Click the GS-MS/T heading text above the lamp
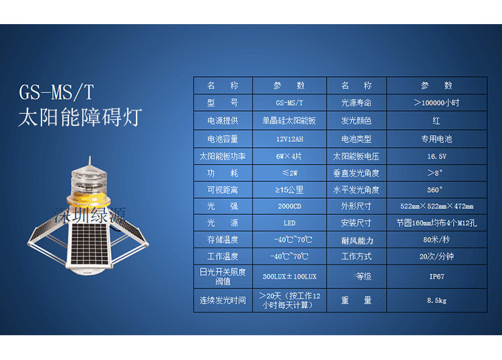click(56, 93)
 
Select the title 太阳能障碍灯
click(80, 117)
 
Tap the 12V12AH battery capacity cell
click(289, 139)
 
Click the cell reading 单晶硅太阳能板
click(289, 120)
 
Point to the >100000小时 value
click(436, 103)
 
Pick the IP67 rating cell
click(436, 276)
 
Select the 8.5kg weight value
click(436, 300)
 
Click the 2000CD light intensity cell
click(289, 206)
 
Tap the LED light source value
click(289, 223)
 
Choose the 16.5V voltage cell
click(436, 157)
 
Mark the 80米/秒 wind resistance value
click(436, 240)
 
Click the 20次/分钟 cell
click(436, 256)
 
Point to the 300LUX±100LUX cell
click(289, 276)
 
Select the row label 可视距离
click(222, 190)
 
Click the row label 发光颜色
click(356, 120)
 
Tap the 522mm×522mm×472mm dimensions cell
click(436, 206)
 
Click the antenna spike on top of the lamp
click(90, 161)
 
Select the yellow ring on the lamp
click(88, 199)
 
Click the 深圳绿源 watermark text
click(90, 215)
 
